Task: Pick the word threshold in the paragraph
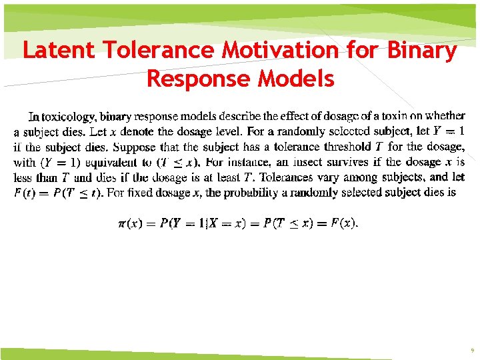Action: [x=347, y=147]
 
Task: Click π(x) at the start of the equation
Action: [x=129, y=224]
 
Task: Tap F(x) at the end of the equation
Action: [x=345, y=223]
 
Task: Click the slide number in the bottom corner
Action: [x=472, y=349]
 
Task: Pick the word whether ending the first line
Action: [x=445, y=116]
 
